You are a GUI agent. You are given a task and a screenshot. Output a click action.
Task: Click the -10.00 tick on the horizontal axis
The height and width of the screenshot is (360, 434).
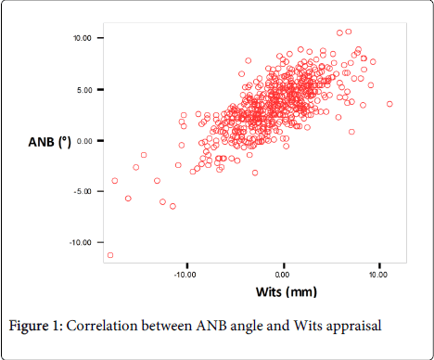[185, 276]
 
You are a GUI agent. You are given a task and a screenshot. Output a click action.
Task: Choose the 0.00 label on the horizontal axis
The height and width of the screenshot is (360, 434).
[284, 276]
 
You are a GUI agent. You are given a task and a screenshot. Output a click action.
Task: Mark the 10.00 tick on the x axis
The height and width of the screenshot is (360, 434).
[378, 276]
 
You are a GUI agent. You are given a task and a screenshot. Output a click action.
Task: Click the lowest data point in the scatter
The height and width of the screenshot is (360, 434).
[110, 255]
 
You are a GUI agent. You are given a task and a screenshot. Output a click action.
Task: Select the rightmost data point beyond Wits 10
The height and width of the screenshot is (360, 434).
[389, 104]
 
